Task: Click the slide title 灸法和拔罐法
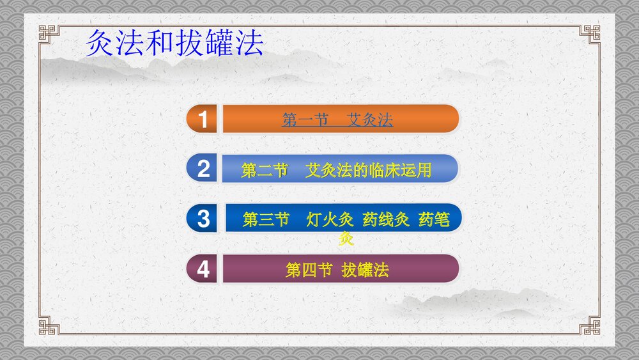pyautogui.click(x=174, y=44)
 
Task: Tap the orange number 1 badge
pyautogui.click(x=203, y=120)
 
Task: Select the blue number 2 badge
pyautogui.click(x=203, y=169)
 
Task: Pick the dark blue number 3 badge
pyautogui.click(x=203, y=219)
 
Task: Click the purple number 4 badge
pyautogui.click(x=203, y=269)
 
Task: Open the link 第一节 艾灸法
pyautogui.click(x=337, y=120)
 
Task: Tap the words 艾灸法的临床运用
pyautogui.click(x=369, y=170)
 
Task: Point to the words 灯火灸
pyautogui.click(x=330, y=220)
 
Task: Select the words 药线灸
pyautogui.click(x=385, y=220)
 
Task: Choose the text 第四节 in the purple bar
pyautogui.click(x=308, y=270)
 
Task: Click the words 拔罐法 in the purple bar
pyautogui.click(x=365, y=270)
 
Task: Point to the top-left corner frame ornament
pyautogui.click(x=48, y=33)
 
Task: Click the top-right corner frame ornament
pyautogui.click(x=590, y=33)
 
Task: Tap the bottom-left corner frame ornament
pyautogui.click(x=48, y=326)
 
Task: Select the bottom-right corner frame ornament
pyautogui.click(x=590, y=326)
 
